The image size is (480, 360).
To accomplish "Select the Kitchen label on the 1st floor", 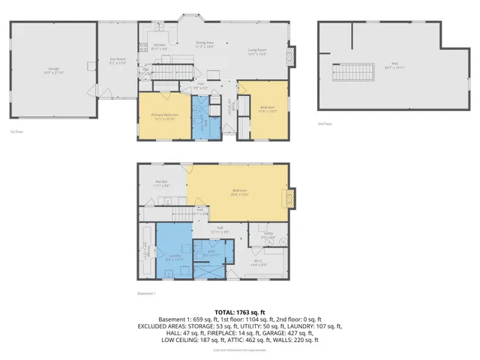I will point(160,45).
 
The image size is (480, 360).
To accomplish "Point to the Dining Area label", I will point(205,43).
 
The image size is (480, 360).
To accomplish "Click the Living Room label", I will point(258,52).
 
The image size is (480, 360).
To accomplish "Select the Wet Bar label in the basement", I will point(161,182).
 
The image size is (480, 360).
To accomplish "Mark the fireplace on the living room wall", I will point(293,55).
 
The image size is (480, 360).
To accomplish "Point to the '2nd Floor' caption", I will point(324,122).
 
